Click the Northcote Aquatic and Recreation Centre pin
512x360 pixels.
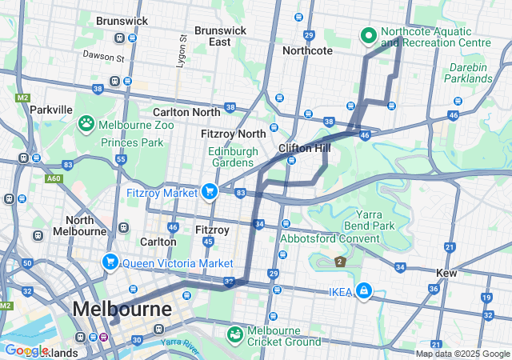(369, 35)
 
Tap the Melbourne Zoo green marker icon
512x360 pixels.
(86, 124)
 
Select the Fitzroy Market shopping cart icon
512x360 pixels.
(210, 190)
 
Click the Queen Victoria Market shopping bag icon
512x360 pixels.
(110, 262)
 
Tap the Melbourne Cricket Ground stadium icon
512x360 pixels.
(235, 334)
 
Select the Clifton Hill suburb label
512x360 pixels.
(305, 149)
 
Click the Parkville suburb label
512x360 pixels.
(51, 109)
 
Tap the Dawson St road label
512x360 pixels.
(103, 58)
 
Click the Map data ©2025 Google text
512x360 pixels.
(462, 354)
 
